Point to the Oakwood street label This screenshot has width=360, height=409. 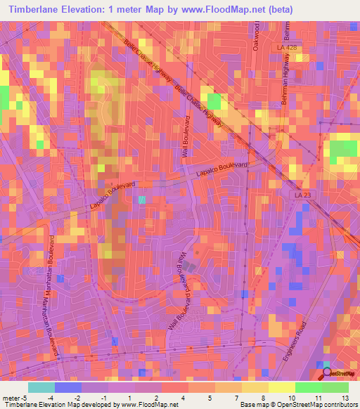(258, 31)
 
